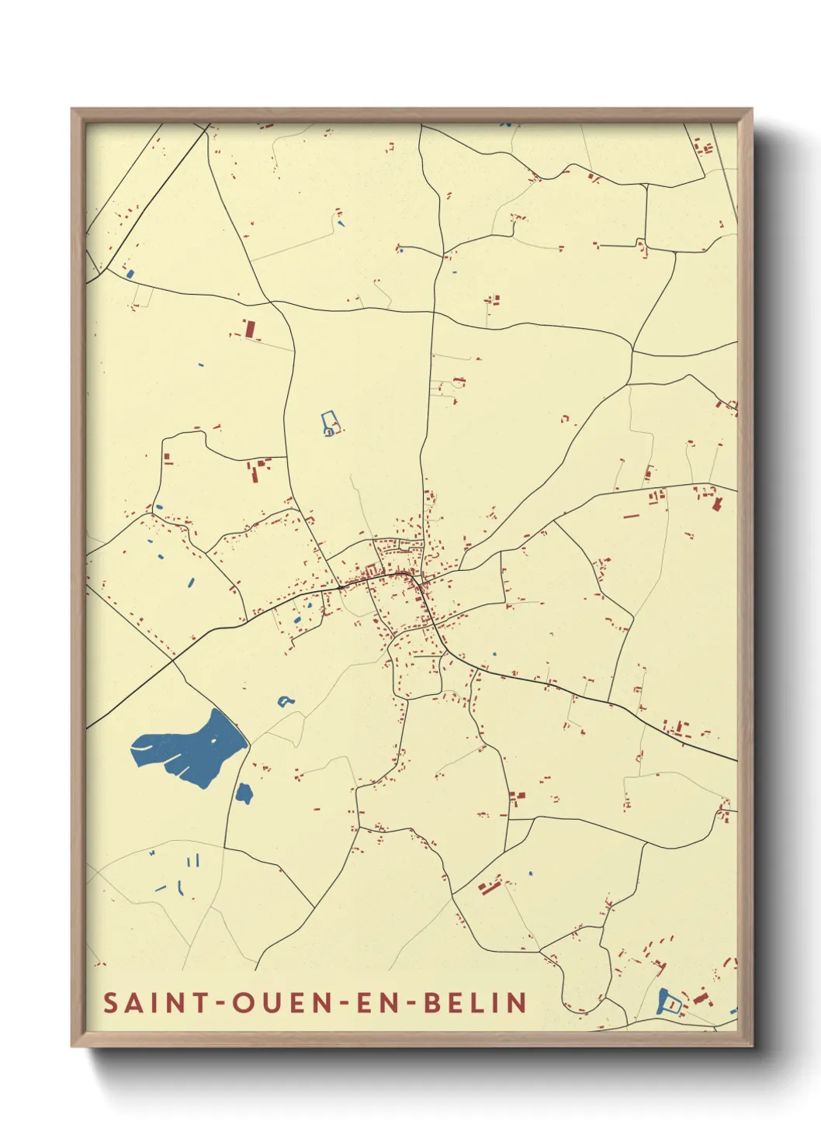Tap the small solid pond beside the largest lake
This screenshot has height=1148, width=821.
[x=244, y=794]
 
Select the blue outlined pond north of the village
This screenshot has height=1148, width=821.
[x=330, y=424]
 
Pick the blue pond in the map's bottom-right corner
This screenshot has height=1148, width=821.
[x=667, y=1002]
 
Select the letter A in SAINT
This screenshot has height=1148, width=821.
[x=133, y=1002]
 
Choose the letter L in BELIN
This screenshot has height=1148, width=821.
[x=478, y=1002]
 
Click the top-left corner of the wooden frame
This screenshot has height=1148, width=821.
[x=72, y=109]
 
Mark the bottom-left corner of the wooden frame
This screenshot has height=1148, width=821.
[x=72, y=1046]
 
